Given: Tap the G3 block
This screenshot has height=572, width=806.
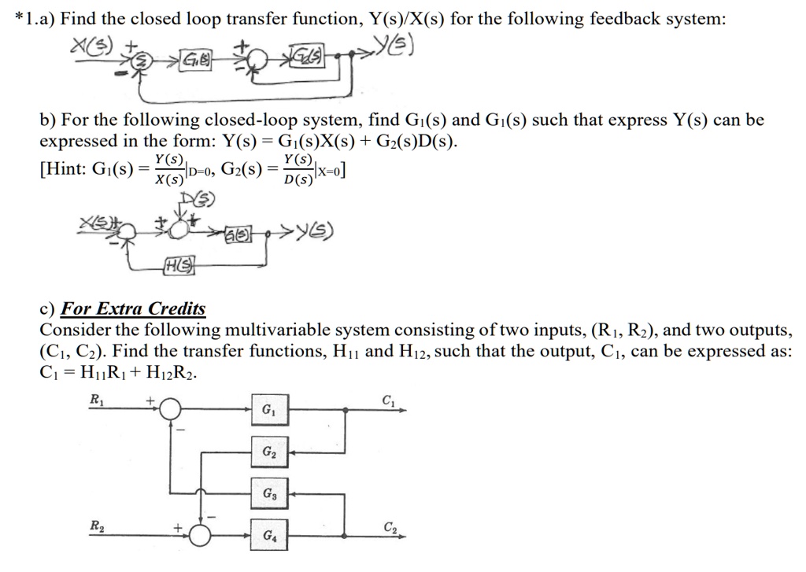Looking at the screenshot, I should pyautogui.click(x=268, y=494).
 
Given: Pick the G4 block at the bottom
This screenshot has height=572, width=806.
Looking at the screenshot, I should pyautogui.click(x=268, y=535).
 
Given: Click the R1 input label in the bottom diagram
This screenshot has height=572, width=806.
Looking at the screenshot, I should pyautogui.click(x=96, y=398).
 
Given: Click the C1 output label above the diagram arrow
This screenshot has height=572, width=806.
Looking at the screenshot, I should pyautogui.click(x=387, y=398).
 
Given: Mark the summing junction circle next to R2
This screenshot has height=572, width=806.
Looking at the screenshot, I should pyautogui.click(x=201, y=535).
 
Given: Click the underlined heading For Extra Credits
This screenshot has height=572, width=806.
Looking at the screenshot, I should pyautogui.click(x=133, y=308).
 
